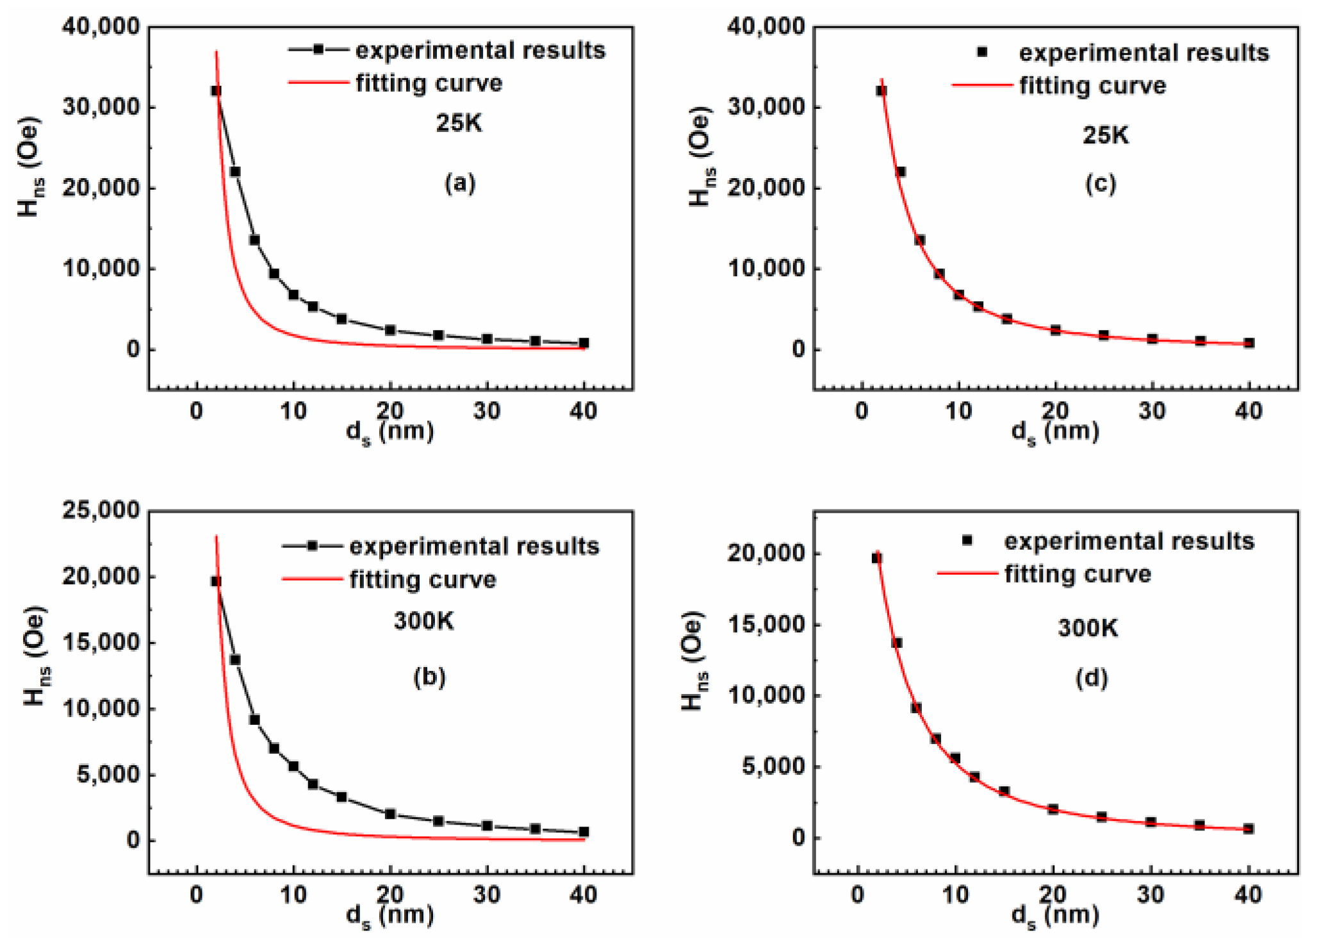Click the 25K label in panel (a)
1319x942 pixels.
coord(459,122)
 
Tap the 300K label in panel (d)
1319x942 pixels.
coord(1087,627)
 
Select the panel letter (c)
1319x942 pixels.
coord(1100,184)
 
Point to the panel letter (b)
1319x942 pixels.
coord(429,677)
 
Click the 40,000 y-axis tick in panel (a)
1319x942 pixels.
coord(101,26)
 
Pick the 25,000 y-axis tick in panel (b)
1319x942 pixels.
coord(101,510)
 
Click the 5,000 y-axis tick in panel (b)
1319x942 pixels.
coord(108,774)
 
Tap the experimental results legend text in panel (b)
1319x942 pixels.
coord(474,546)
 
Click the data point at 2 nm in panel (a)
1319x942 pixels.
coord(216,91)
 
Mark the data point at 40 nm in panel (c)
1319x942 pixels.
coord(1249,343)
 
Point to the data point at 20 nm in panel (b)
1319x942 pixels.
coord(390,814)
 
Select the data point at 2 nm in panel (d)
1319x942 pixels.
coord(876,558)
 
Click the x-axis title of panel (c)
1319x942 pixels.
coord(1054,431)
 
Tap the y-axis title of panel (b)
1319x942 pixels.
coord(36,655)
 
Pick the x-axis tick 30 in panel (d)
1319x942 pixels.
coord(1150,895)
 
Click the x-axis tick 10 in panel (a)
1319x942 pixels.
coord(293,411)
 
